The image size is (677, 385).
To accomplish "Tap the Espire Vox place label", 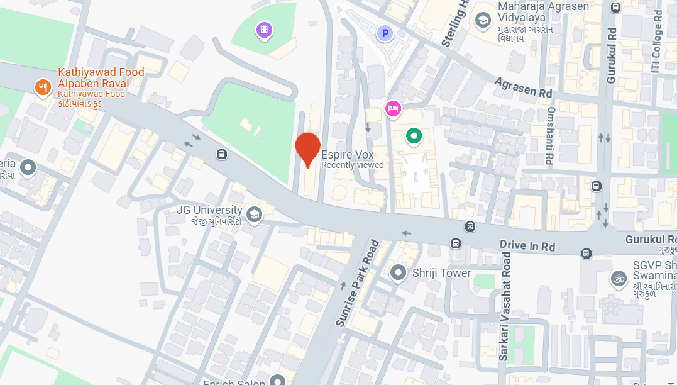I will (x=348, y=155).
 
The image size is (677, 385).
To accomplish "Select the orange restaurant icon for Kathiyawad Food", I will (x=43, y=87).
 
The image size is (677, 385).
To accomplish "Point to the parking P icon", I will (x=384, y=33).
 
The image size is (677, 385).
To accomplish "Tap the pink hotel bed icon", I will (x=393, y=109).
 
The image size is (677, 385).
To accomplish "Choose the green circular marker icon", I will (x=414, y=135).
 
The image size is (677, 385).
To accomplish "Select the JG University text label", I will (x=209, y=210).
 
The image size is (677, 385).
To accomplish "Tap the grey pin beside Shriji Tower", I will (x=397, y=273).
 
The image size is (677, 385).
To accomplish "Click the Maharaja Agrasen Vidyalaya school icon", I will (x=482, y=21).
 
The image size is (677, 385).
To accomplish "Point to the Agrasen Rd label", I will (x=523, y=87).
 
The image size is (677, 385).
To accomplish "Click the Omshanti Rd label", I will (x=549, y=136).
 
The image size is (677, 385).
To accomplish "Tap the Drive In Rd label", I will (x=527, y=246).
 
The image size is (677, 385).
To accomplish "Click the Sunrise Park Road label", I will (x=357, y=283).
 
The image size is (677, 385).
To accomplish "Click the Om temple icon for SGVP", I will (x=619, y=278).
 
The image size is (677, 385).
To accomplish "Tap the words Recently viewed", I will (x=352, y=165).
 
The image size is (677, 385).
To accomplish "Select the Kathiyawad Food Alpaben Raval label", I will (x=101, y=78).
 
